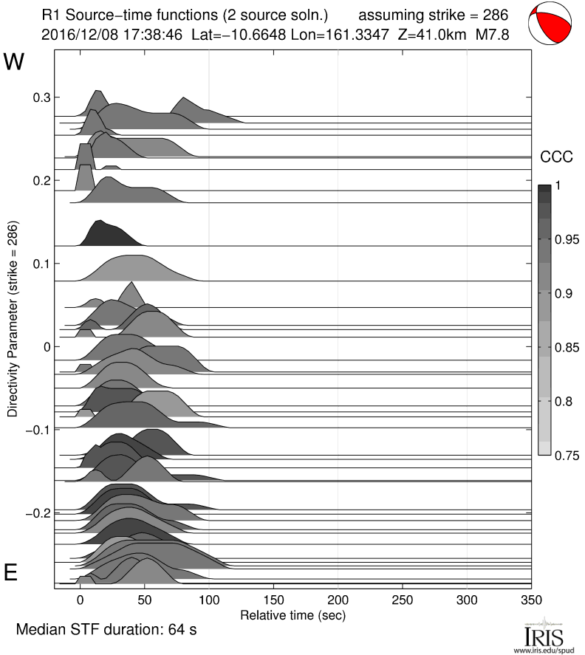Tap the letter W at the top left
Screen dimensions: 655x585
(x=15, y=62)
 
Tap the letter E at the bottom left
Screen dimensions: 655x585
(x=12, y=574)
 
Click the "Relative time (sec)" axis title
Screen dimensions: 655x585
(x=292, y=614)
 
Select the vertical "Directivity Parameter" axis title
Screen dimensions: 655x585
(x=13, y=319)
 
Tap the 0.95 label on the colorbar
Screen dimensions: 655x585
(x=567, y=239)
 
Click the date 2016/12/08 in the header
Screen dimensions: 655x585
(x=75, y=34)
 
